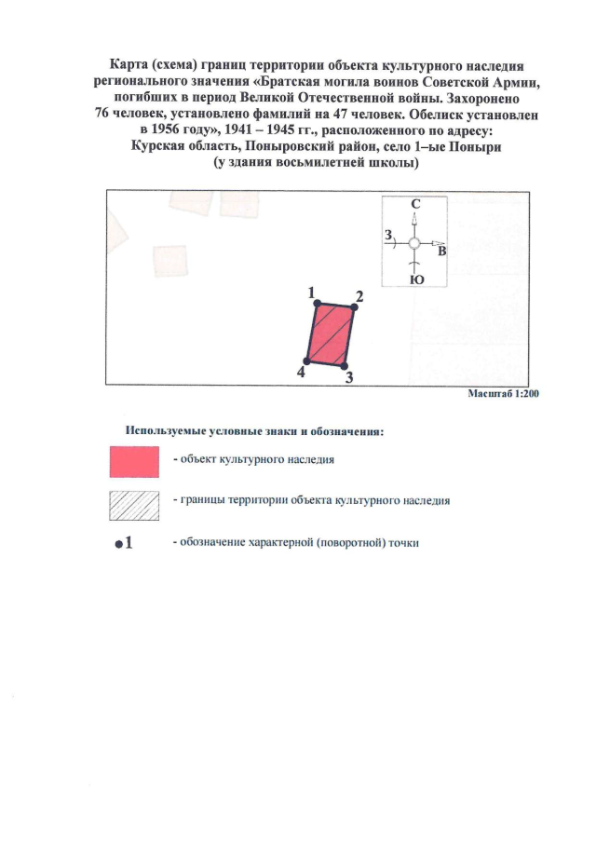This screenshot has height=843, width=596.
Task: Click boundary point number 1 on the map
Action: tap(318, 304)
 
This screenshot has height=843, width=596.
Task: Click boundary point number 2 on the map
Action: tap(353, 308)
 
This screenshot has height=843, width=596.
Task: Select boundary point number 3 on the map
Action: tap(343, 366)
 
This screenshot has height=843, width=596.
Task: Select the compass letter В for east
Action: tap(442, 251)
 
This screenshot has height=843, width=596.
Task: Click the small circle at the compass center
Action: tap(415, 243)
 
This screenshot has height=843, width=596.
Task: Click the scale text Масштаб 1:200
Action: tap(504, 394)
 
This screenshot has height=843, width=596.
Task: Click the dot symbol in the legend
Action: tap(118, 545)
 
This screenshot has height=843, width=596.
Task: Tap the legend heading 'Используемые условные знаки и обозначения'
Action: tap(255, 432)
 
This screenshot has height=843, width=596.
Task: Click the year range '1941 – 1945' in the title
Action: tap(264, 130)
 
